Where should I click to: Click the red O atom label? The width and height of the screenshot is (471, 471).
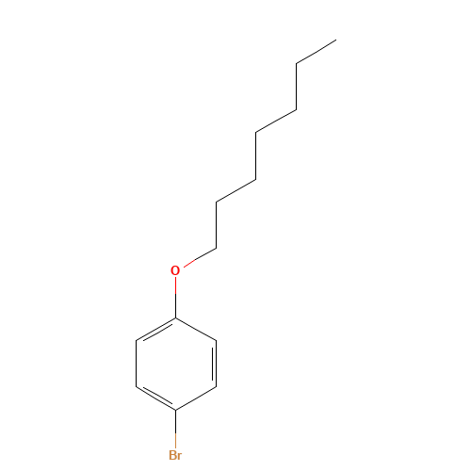coord(175,270)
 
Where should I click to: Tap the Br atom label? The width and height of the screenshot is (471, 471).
coord(175,455)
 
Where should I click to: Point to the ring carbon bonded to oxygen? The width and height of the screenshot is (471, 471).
coord(175,317)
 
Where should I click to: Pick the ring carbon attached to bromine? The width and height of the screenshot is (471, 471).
coord(175,410)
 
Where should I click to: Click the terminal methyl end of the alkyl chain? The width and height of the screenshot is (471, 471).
coord(336,40)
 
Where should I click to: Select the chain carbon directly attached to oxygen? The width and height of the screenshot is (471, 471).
coord(216,249)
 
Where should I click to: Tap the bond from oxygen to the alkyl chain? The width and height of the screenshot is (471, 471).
coord(200,258)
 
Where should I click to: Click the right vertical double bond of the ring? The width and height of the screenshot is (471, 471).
coord(216,364)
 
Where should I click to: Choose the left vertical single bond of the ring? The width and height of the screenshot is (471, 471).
coord(136,364)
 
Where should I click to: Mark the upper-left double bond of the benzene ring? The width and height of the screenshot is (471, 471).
coord(155,329)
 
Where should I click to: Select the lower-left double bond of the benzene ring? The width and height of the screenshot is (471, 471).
coord(155,398)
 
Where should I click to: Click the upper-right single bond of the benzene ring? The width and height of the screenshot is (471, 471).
coord(196,329)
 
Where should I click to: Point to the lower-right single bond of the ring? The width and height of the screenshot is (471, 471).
coord(196,398)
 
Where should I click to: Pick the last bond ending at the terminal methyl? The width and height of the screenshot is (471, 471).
coord(317,52)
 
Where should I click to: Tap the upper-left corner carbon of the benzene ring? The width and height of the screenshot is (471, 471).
coord(136,340)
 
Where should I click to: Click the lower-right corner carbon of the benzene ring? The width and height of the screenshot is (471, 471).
coord(216,387)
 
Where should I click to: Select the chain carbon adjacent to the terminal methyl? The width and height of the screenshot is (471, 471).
coord(297,64)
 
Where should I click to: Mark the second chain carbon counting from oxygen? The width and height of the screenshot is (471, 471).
coord(216,202)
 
